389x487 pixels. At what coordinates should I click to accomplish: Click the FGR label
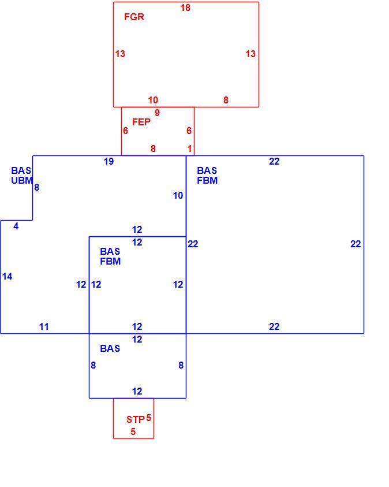coord(134,17)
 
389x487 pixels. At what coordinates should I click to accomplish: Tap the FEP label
coord(141,122)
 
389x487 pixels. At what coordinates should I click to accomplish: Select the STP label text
coord(135,419)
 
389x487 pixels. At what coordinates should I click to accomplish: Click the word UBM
coord(22,180)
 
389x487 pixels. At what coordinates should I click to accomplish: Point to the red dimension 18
coord(185,8)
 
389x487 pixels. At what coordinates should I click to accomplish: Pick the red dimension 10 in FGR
coord(153,100)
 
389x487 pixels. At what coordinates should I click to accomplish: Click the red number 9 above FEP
coord(157,113)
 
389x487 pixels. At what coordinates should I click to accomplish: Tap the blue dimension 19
coord(109,162)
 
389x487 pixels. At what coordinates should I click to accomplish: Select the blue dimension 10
coord(178,195)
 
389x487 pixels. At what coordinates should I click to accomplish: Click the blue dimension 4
coord(16,226)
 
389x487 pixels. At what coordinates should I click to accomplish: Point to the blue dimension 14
coord(7,276)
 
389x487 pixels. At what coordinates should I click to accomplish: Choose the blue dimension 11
coord(44,327)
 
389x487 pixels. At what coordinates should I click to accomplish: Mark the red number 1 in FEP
coord(189,149)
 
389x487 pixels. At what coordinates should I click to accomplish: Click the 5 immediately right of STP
coord(148,418)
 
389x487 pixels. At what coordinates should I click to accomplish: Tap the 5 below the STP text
coord(133,432)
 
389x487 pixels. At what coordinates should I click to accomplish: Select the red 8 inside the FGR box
coord(226,100)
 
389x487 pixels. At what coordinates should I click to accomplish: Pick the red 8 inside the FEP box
coord(153,149)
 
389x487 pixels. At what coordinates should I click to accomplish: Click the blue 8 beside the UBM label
coord(36,188)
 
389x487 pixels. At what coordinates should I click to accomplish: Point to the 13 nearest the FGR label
coord(120,54)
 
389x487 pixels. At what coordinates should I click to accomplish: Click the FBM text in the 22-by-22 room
coord(207,180)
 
